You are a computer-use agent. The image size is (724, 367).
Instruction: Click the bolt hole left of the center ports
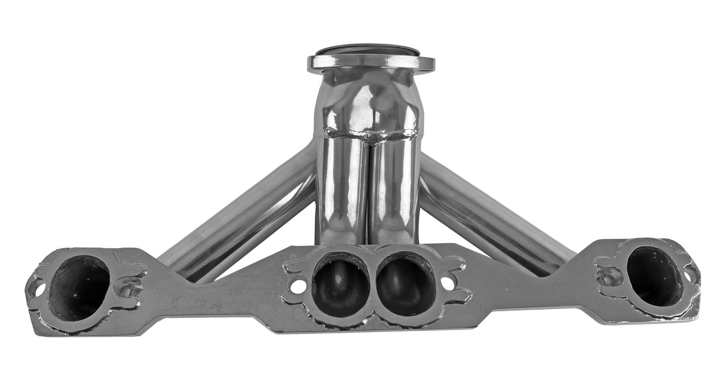(297, 286)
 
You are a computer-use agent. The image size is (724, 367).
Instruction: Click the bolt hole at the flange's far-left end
(37, 286)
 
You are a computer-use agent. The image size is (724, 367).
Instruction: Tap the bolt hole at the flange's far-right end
(692, 275)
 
